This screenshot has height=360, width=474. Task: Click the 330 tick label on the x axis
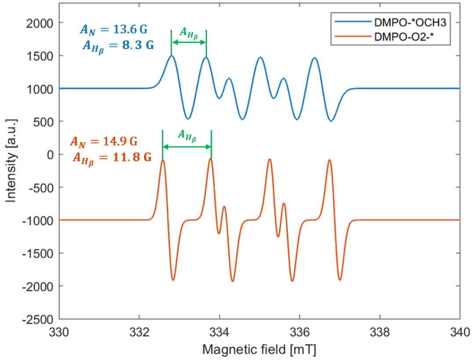(59, 330)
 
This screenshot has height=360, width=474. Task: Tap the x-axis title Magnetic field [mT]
(259, 349)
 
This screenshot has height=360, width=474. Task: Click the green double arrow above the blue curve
(189, 42)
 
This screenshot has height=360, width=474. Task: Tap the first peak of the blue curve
(172, 56)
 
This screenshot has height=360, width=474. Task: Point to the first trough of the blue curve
(188, 119)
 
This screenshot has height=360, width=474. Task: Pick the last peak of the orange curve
(329, 160)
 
